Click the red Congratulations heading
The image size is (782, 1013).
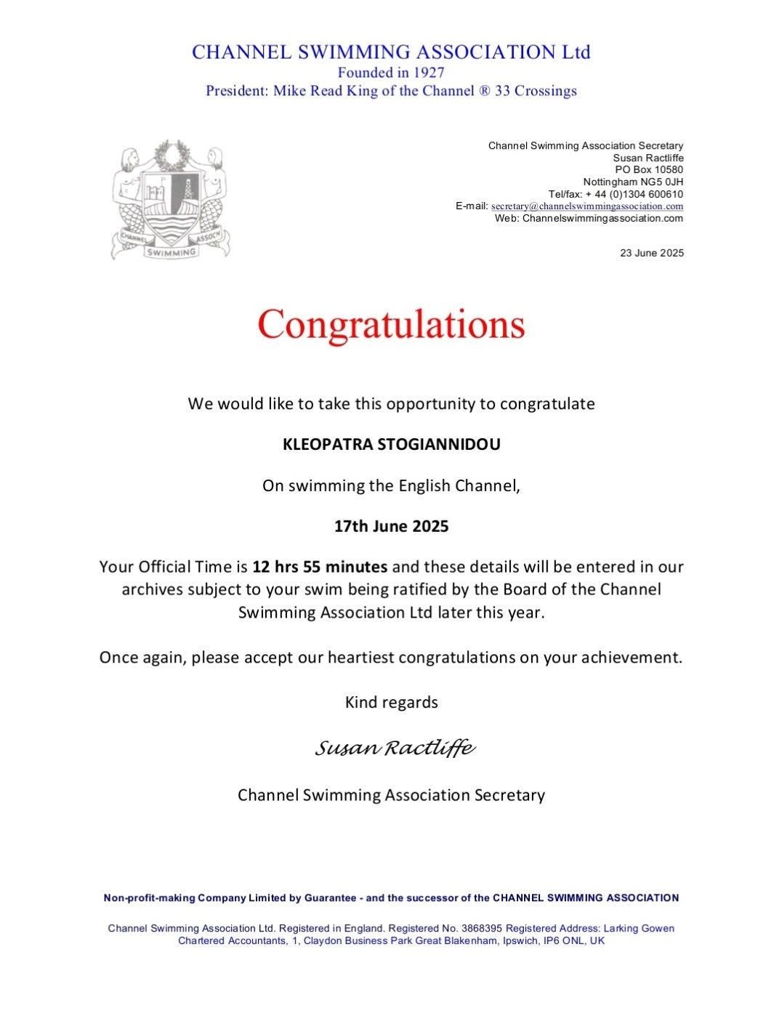coord(391,324)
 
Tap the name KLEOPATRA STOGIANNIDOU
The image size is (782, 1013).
coord(391,445)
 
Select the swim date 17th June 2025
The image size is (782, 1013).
coord(391,526)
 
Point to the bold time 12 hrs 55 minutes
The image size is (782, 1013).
coord(320,567)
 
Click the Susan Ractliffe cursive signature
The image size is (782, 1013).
coord(395,748)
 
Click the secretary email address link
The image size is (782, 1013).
coord(587,206)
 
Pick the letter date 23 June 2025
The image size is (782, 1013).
coord(651,254)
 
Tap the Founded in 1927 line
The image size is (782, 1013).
coord(391,73)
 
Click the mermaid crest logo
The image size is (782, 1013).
coord(171,200)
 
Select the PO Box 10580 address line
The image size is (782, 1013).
coord(649,170)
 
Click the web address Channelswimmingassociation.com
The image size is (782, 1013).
coord(602,218)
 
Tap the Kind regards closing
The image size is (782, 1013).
coord(391,703)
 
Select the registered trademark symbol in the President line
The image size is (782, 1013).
coord(485,92)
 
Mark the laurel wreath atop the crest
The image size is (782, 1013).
coord(172,155)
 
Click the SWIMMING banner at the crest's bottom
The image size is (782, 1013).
coord(172,252)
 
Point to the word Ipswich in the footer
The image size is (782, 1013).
coord(520,941)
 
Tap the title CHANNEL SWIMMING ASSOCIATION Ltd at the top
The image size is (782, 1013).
coord(391,52)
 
